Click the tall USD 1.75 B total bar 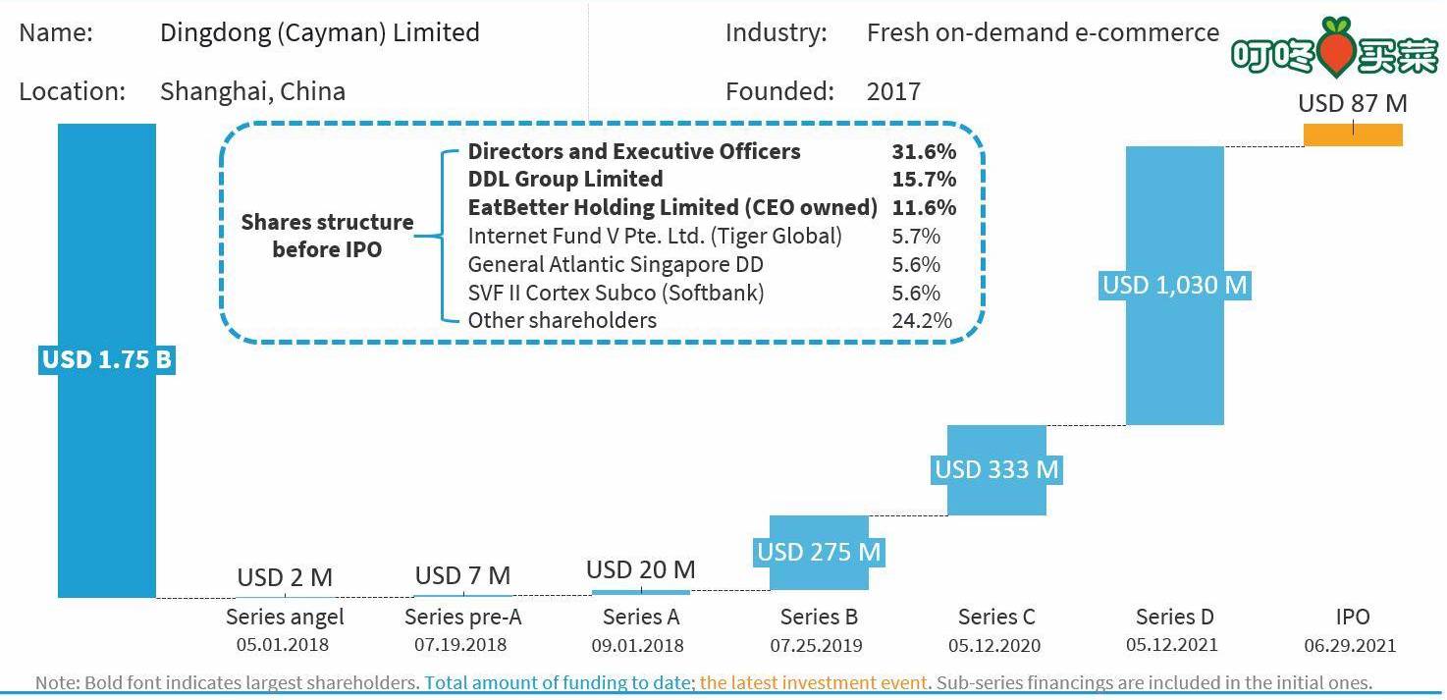(x=107, y=360)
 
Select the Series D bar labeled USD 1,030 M (x=1174, y=286)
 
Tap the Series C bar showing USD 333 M (x=996, y=469)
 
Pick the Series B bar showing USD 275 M (x=819, y=552)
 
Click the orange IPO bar (x=1353, y=135)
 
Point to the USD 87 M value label (x=1353, y=103)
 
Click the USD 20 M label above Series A (x=641, y=569)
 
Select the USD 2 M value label (x=285, y=576)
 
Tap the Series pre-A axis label (x=462, y=618)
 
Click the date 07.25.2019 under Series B (x=816, y=645)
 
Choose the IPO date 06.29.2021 (x=1350, y=645)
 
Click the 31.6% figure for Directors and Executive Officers (x=924, y=151)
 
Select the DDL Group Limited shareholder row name (x=565, y=179)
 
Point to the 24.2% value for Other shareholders (x=922, y=320)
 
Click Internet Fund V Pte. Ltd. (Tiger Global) (x=655, y=237)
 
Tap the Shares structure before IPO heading (x=327, y=236)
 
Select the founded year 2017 (x=893, y=91)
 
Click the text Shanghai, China (x=252, y=91)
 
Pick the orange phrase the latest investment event (x=813, y=682)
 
